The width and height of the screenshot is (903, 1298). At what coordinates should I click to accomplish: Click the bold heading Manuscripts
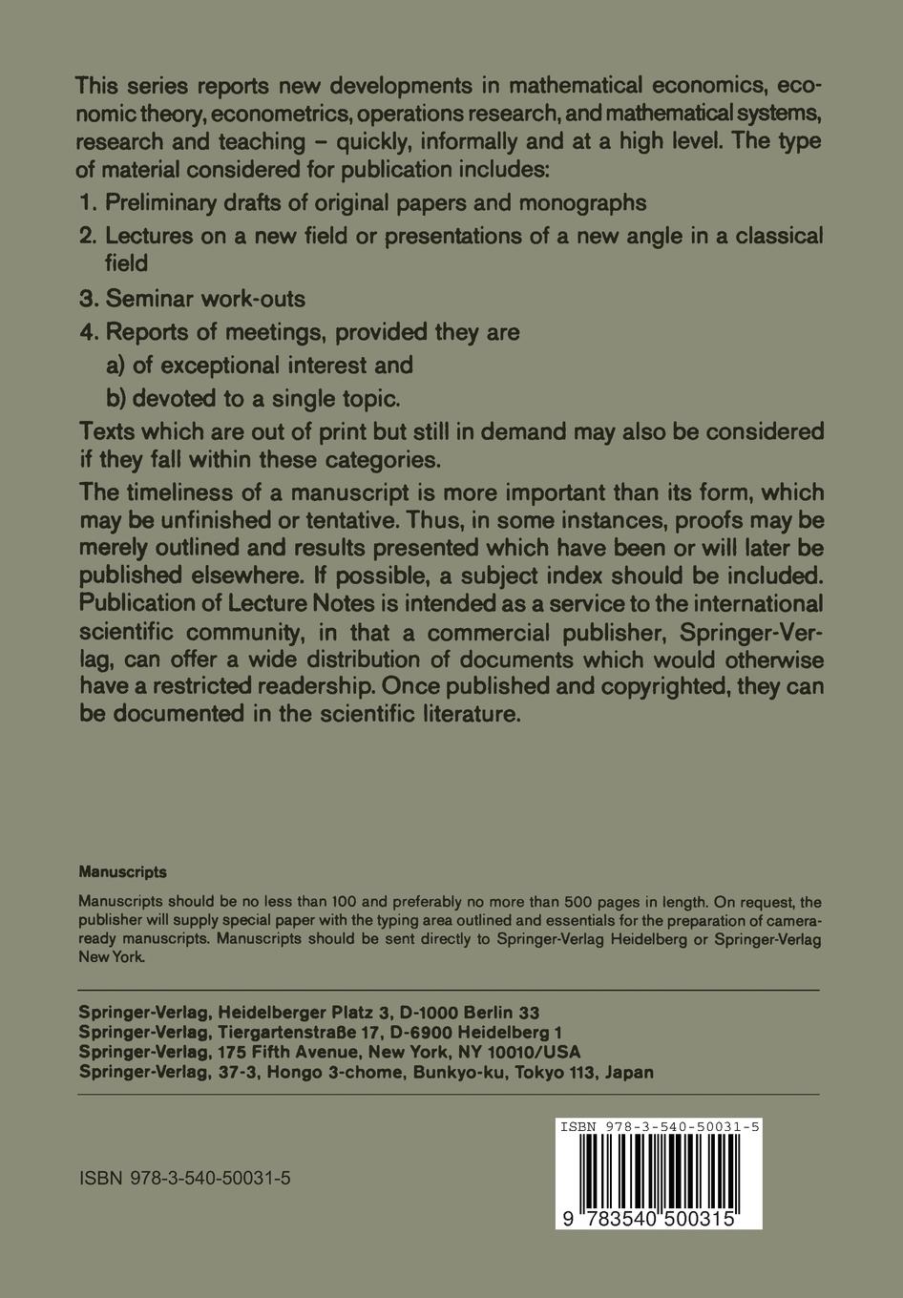[x=122, y=871]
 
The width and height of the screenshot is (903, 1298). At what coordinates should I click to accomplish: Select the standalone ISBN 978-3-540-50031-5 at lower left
[x=185, y=1178]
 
